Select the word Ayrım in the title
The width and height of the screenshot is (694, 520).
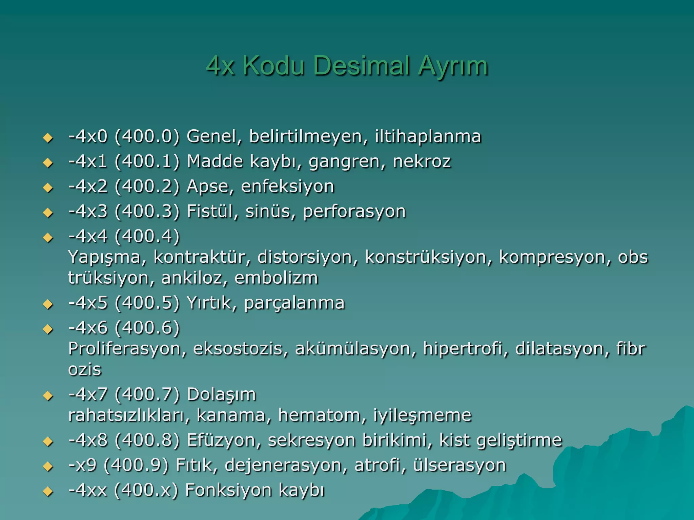point(453,66)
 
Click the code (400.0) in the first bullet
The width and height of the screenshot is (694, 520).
point(147,136)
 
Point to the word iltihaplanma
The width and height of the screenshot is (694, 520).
point(428,136)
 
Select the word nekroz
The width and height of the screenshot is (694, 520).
point(422,161)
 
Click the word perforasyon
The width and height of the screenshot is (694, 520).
point(354,212)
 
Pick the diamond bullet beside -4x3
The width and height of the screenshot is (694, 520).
point(48,213)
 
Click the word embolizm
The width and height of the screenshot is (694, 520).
point(276,278)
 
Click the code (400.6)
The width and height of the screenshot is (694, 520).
point(147,328)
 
